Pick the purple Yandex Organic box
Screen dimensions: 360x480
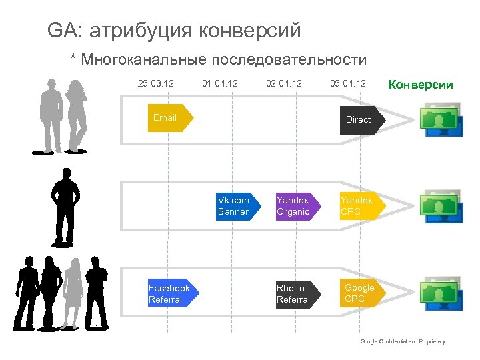coord(295,206)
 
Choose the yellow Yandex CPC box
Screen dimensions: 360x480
coord(359,206)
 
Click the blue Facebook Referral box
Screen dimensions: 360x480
coord(171,294)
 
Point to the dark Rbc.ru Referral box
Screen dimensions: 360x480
coord(295,294)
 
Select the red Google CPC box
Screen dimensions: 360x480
coord(361,293)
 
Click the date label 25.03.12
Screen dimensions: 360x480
coord(155,84)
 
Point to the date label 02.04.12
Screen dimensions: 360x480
coord(283,84)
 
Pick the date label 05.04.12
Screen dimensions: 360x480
coord(347,84)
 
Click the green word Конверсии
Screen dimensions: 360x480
coord(420,85)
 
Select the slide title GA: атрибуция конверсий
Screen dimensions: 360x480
coord(174,31)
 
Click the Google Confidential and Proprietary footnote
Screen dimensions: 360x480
coord(402,341)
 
